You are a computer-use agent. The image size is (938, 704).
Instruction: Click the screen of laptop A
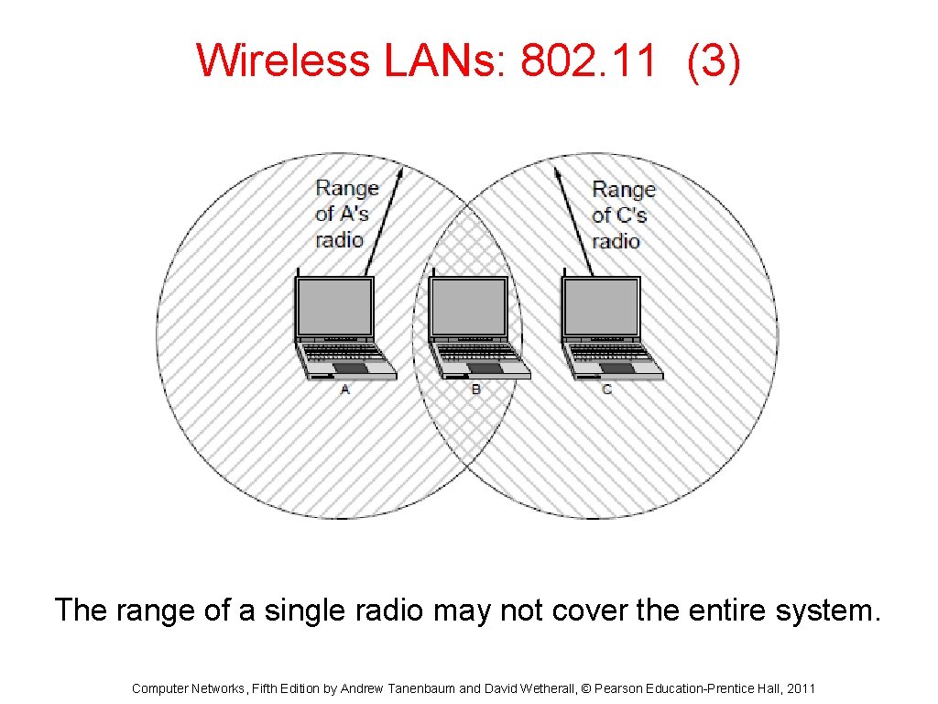tap(334, 307)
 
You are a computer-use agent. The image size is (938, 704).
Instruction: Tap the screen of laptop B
tap(468, 307)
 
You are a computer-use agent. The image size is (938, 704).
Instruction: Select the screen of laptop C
tap(601, 307)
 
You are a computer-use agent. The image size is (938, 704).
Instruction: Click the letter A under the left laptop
tap(345, 390)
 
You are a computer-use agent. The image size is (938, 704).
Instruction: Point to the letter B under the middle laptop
tap(475, 390)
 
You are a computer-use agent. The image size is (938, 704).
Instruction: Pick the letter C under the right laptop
tap(607, 390)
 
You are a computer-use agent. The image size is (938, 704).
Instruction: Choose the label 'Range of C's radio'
tap(623, 214)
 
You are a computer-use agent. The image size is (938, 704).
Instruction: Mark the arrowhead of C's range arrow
tap(557, 171)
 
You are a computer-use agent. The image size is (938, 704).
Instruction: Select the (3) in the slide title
tap(714, 62)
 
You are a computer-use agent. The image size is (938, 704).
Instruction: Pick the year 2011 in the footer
tap(800, 688)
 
